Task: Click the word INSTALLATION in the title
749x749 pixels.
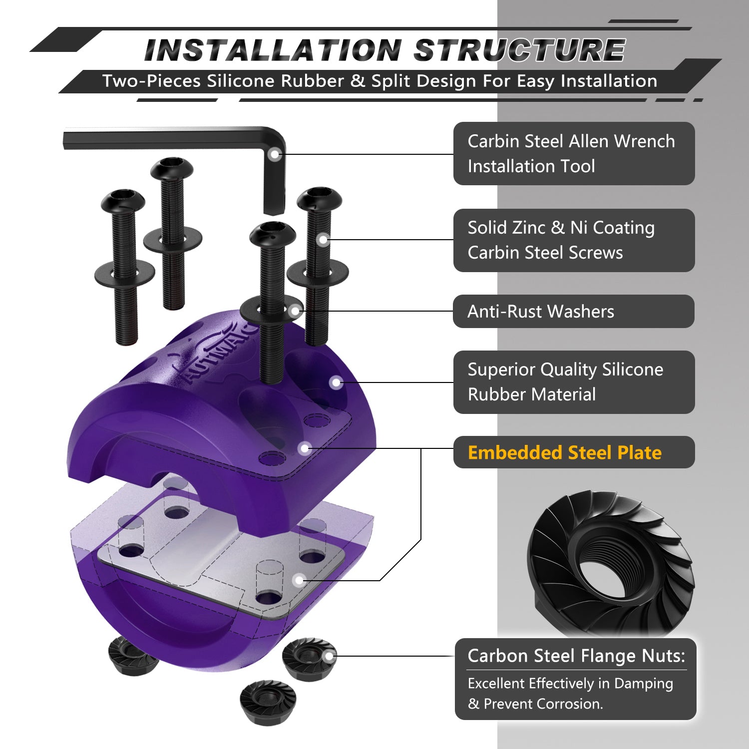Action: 273,50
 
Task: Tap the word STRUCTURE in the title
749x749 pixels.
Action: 519,50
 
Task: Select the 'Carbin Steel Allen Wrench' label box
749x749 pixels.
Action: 574,153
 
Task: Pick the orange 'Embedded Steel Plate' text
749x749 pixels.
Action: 565,452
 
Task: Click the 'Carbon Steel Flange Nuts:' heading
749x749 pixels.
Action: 576,656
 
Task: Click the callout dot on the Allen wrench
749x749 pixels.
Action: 274,154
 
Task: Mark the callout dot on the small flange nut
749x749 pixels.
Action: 329,657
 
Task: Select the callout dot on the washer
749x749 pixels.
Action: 295,311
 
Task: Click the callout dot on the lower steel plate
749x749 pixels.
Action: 299,580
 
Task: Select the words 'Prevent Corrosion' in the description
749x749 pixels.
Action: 542,704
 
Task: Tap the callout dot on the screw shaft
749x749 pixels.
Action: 324,240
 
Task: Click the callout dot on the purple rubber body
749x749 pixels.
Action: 336,382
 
